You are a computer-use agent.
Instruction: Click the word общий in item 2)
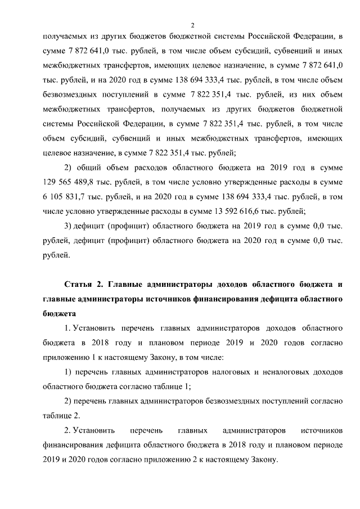tap(88, 168)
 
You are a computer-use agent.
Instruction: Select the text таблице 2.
tap(61, 416)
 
